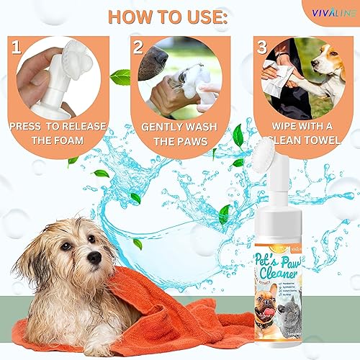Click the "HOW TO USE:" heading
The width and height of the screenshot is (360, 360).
pyautogui.click(x=180, y=16)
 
